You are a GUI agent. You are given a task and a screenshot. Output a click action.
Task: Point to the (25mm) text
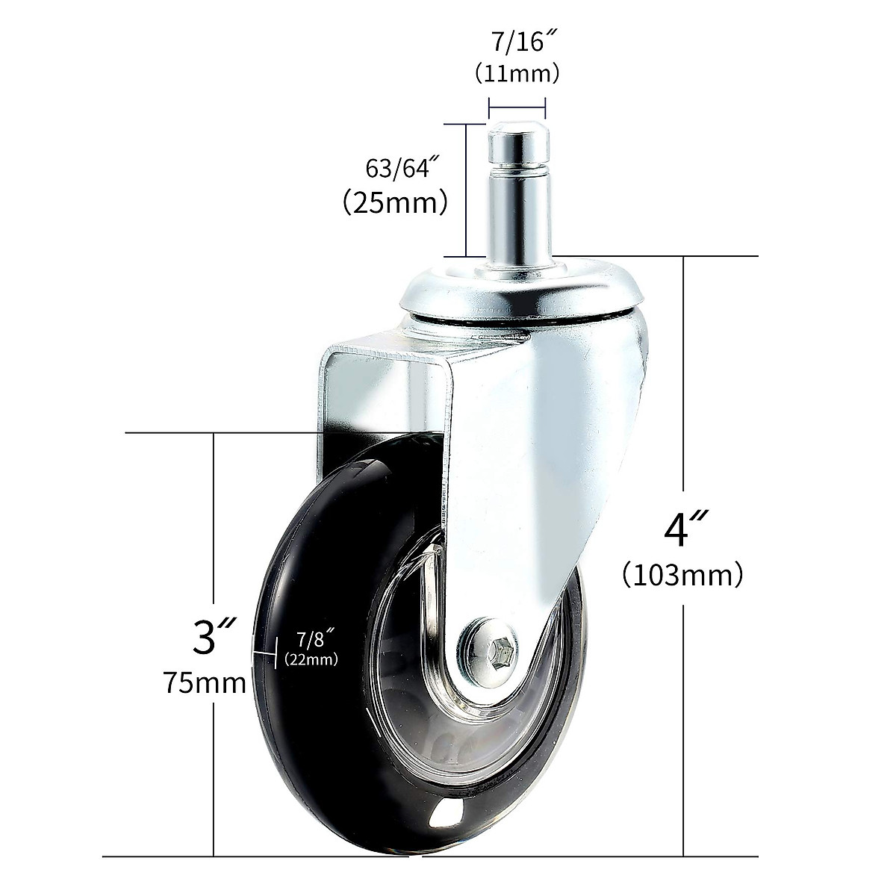point(394,202)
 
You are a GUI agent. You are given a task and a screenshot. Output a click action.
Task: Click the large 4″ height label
point(682,529)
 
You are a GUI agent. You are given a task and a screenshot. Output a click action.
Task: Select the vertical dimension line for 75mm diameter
point(214,523)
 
